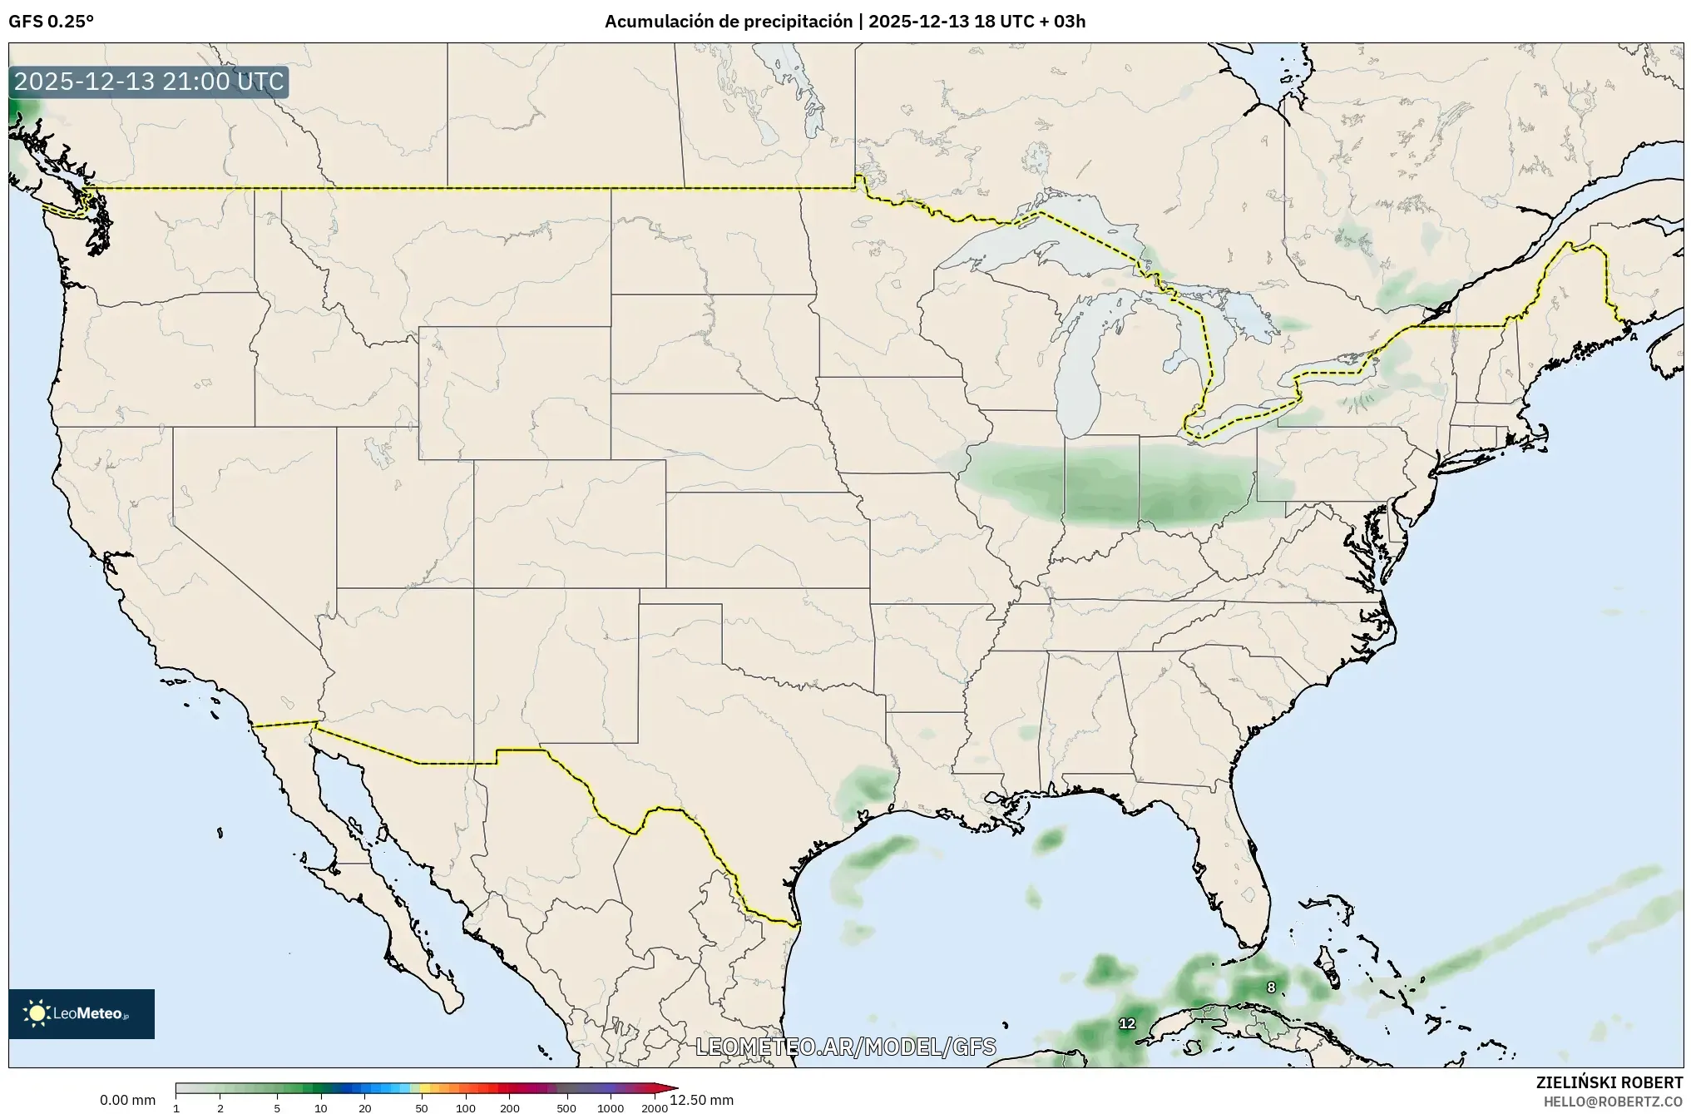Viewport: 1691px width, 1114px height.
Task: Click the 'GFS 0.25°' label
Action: [x=51, y=22]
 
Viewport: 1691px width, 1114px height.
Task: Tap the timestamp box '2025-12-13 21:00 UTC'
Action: [x=150, y=82]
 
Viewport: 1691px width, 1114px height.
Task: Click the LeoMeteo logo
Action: [x=82, y=1013]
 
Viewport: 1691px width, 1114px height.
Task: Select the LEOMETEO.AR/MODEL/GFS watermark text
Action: [x=845, y=1047]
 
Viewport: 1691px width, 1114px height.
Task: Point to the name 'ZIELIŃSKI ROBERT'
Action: [x=1609, y=1082]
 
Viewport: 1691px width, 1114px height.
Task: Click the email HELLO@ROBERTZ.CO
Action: [x=1613, y=1101]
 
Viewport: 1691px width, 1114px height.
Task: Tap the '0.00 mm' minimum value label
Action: [x=127, y=1100]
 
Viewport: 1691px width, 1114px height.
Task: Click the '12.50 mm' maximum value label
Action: [x=701, y=1100]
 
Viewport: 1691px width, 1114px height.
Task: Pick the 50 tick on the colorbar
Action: [x=422, y=1107]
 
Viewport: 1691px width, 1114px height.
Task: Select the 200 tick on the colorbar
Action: [x=510, y=1107]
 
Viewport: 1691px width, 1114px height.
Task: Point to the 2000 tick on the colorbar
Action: [x=655, y=1107]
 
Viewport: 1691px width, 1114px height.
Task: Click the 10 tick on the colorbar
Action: [x=321, y=1107]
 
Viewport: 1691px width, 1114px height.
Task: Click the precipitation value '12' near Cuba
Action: [x=1127, y=1023]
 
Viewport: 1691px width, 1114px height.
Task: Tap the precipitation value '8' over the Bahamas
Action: [x=1271, y=988]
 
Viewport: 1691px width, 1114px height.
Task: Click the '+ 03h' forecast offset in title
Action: [x=1064, y=22]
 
